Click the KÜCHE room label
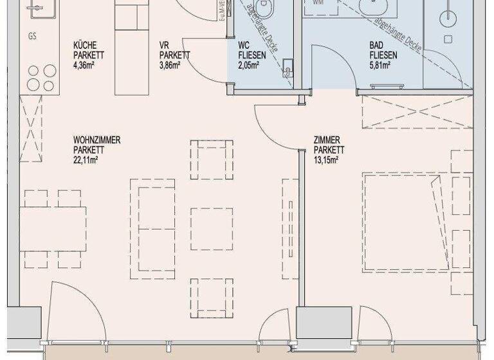[x=85, y=45]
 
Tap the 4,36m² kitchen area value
[x=85, y=64]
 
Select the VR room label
[x=164, y=45]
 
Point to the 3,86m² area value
[x=170, y=64]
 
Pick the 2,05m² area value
[x=248, y=64]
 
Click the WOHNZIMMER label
[x=97, y=140]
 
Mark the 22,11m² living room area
[x=86, y=159]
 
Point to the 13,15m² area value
[x=326, y=159]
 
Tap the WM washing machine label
[x=318, y=3]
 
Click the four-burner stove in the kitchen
[x=41, y=77]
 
